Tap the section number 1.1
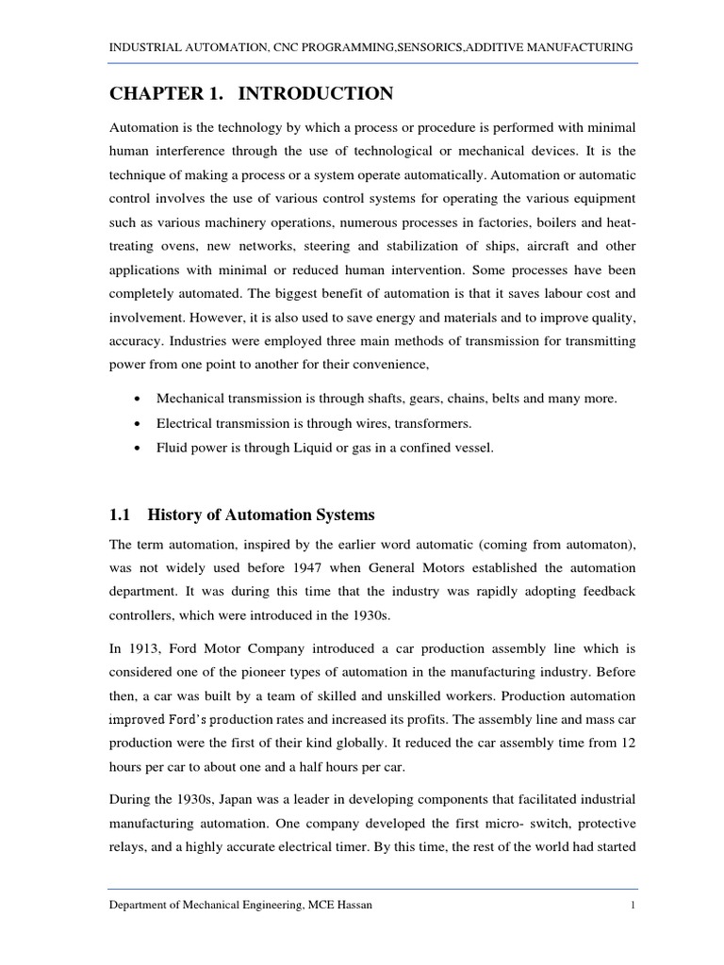point(119,515)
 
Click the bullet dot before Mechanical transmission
point(139,400)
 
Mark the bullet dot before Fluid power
point(139,449)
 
